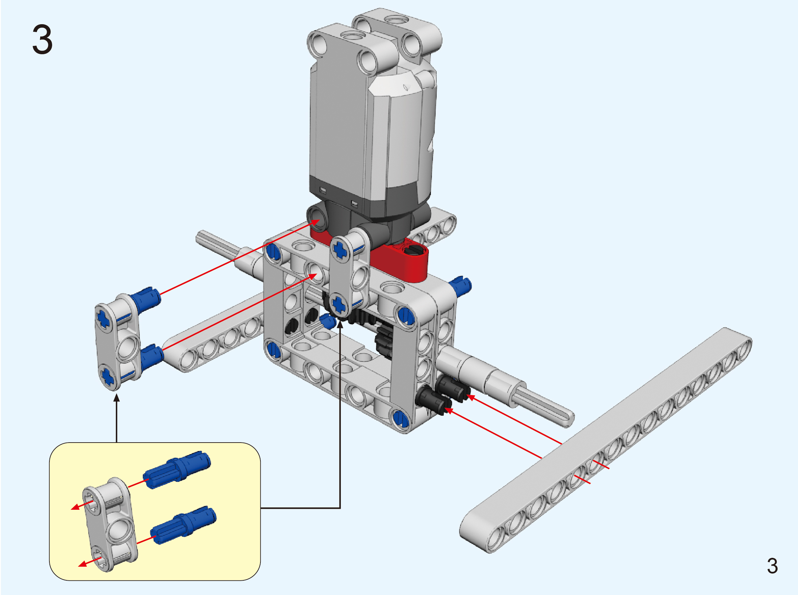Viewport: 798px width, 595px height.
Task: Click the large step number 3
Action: tap(43, 39)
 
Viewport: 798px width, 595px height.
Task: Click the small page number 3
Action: tap(772, 566)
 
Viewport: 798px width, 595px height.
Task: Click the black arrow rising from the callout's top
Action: tap(116, 418)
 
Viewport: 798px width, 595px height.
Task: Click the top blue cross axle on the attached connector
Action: tap(340, 249)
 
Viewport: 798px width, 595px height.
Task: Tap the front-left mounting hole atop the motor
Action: tap(318, 44)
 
